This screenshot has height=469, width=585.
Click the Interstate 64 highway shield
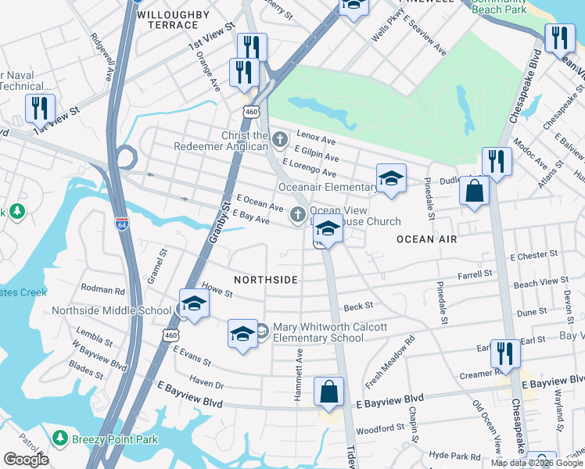(121, 223)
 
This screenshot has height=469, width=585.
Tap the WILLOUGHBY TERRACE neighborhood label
(174, 20)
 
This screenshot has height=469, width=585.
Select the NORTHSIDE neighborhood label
(266, 279)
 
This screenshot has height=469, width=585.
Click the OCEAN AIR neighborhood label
(426, 239)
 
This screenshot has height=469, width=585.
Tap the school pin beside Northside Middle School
(194, 305)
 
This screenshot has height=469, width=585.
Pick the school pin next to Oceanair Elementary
(391, 179)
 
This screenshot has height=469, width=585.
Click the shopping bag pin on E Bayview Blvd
(329, 392)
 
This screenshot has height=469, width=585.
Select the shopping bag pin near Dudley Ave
(474, 192)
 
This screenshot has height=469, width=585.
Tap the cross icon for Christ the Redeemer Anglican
(279, 138)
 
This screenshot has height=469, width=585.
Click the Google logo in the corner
(26, 460)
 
